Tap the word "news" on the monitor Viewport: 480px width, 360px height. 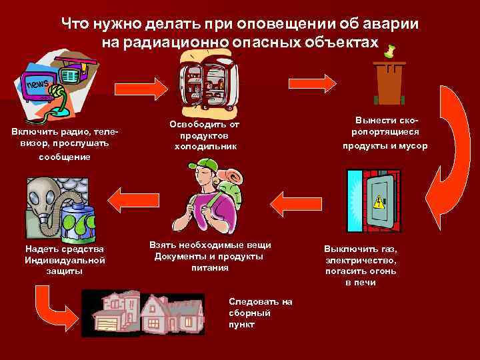(x=37, y=85)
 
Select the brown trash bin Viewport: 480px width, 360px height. (x=390, y=83)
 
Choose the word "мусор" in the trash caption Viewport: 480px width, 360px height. (x=413, y=146)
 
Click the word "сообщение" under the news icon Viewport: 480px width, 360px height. (x=64, y=157)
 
